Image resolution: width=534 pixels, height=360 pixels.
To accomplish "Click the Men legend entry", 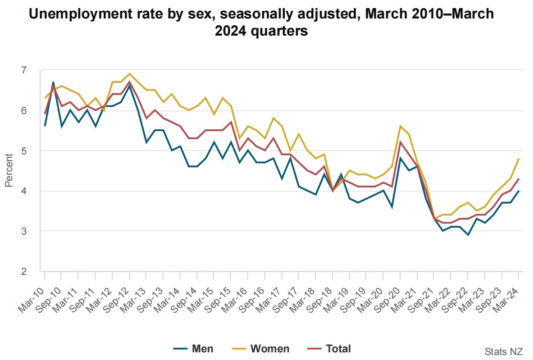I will click(193, 348).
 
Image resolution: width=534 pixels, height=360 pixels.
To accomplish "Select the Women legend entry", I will click(261, 348).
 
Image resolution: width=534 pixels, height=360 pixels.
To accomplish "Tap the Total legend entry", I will click(329, 348).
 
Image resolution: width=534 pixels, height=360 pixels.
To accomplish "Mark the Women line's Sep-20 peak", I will click(400, 126).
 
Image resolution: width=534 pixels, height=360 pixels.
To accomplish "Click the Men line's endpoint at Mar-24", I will click(519, 191).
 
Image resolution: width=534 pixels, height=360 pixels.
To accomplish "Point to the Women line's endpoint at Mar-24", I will click(519, 159).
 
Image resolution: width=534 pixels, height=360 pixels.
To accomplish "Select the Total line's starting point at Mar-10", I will click(44, 114).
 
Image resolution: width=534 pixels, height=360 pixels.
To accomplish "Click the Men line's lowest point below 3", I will click(468, 235).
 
